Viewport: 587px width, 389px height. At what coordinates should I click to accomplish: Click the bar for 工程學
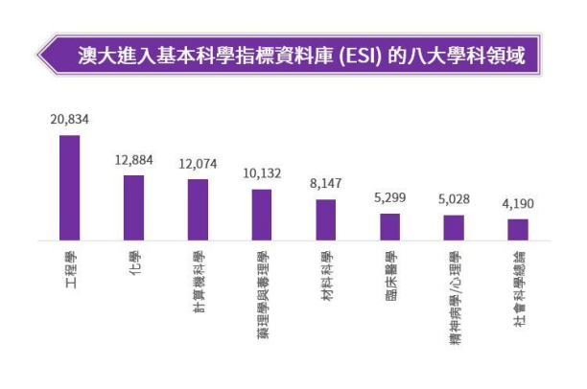(x=70, y=187)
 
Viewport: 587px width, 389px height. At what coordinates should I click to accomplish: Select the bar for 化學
(x=133, y=207)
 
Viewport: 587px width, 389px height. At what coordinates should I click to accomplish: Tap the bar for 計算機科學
(x=198, y=209)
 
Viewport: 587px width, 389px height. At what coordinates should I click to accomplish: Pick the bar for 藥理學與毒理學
(x=262, y=214)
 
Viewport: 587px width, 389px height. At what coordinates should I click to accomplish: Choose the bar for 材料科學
(x=326, y=219)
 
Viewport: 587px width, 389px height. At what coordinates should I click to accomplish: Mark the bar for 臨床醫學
(x=389, y=226)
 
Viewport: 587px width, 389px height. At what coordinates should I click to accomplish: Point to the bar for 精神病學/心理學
(x=454, y=227)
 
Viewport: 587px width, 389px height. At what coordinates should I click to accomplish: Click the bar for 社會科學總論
(x=518, y=229)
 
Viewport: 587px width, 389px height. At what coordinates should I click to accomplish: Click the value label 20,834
(x=70, y=120)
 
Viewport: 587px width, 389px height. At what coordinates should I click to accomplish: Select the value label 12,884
(x=133, y=160)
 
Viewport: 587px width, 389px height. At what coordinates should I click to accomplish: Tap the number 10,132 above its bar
(x=262, y=173)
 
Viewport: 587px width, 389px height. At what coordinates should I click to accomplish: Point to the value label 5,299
(x=389, y=198)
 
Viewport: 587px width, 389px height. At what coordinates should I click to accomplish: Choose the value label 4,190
(x=518, y=203)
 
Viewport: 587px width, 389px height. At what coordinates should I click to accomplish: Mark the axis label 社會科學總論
(x=518, y=284)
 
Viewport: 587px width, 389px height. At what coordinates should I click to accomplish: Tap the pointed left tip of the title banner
(x=38, y=56)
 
